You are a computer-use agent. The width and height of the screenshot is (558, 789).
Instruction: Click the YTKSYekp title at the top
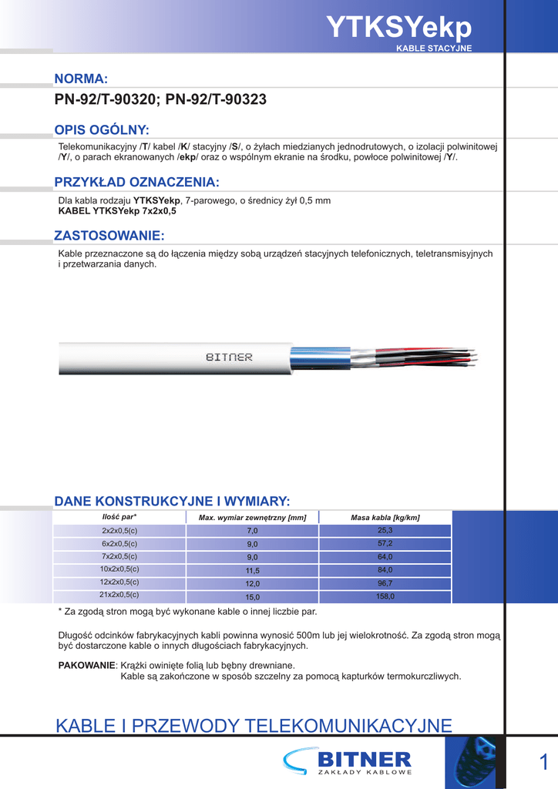(398, 28)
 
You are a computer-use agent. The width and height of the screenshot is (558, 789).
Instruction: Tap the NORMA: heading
(80, 79)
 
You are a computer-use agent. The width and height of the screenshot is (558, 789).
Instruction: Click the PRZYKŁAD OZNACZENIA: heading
(136, 182)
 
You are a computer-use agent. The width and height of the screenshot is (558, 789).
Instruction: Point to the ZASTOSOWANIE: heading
(109, 235)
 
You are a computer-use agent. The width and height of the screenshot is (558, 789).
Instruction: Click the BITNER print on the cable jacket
(229, 358)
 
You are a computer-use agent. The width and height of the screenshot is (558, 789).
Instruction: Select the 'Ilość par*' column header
(119, 517)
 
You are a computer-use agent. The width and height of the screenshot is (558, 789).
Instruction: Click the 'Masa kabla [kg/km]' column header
(385, 518)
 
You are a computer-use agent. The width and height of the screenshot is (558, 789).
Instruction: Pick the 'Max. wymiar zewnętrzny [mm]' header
(253, 518)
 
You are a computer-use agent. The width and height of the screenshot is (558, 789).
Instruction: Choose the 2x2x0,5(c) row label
(119, 531)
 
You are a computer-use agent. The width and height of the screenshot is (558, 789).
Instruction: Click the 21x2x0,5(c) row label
(119, 595)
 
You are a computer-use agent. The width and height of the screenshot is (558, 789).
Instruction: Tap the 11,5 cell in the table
(253, 571)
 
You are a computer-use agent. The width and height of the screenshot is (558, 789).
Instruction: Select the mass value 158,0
(385, 596)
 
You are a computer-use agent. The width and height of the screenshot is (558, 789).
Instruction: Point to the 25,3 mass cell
(385, 531)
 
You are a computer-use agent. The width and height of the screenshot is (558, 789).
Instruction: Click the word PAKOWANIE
(86, 665)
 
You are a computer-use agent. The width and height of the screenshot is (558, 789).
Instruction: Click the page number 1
(544, 763)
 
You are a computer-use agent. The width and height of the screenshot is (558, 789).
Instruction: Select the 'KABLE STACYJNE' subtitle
(433, 49)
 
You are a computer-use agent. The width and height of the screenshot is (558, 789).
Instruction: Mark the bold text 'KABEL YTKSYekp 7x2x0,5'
(117, 210)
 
